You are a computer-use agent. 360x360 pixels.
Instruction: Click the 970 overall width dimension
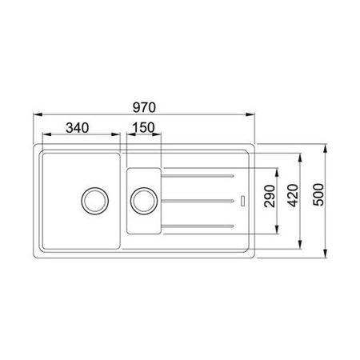(144, 107)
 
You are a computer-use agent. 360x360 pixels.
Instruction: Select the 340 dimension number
(78, 128)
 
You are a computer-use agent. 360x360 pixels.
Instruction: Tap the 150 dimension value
(143, 127)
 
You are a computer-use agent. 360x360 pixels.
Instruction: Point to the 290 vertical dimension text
(270, 196)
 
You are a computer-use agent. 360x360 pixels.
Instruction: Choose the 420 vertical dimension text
(293, 195)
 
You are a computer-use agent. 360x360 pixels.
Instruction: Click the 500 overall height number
(318, 194)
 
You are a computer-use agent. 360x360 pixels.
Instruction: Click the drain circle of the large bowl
(94, 201)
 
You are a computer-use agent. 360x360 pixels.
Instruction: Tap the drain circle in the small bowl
(144, 201)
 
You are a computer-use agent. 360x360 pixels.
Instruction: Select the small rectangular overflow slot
(243, 201)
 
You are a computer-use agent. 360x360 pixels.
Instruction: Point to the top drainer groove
(198, 176)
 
